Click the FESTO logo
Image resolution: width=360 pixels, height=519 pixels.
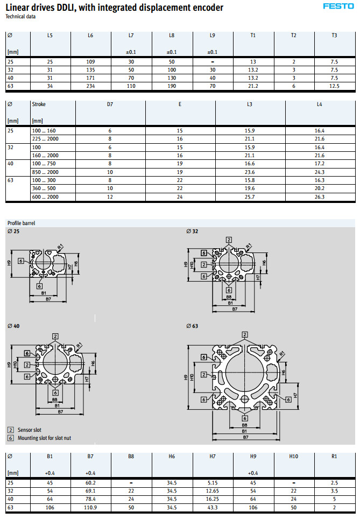coord(338,6)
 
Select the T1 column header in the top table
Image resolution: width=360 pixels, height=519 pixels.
coord(253,36)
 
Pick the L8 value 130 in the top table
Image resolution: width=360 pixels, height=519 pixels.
coord(172,78)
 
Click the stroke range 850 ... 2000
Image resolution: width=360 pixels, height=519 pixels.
coord(46,172)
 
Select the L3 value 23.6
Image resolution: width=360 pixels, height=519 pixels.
coord(250,172)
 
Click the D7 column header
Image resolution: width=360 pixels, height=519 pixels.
coord(110,104)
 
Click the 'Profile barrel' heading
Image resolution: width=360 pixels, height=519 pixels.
coord(21,223)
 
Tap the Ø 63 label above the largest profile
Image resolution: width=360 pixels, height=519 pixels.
coord(192,326)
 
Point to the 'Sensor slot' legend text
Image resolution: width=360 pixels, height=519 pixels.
coord(30,430)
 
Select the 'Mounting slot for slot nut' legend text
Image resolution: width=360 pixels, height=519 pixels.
coord(44,438)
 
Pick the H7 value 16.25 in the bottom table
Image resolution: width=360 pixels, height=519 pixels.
coord(212,500)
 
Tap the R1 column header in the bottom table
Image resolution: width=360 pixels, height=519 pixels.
coord(334,457)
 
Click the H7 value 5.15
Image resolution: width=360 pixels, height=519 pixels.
coord(212,483)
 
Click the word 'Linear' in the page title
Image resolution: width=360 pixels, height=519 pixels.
coord(18,7)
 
